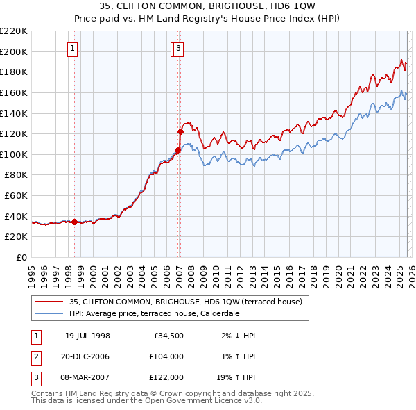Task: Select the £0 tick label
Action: pyautogui.click(x=22, y=258)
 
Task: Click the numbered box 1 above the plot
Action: pyautogui.click(x=73, y=48)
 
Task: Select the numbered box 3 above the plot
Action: pyautogui.click(x=179, y=48)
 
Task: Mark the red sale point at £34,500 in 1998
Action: pyautogui.click(x=75, y=222)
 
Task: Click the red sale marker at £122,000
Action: pyautogui.click(x=180, y=131)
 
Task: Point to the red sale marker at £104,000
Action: pyautogui.click(x=177, y=149)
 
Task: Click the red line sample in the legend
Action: pyautogui.click(x=49, y=302)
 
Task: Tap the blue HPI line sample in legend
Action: pyautogui.click(x=49, y=313)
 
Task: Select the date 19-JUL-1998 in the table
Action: pyautogui.click(x=87, y=336)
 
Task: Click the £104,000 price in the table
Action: pyautogui.click(x=167, y=356)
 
